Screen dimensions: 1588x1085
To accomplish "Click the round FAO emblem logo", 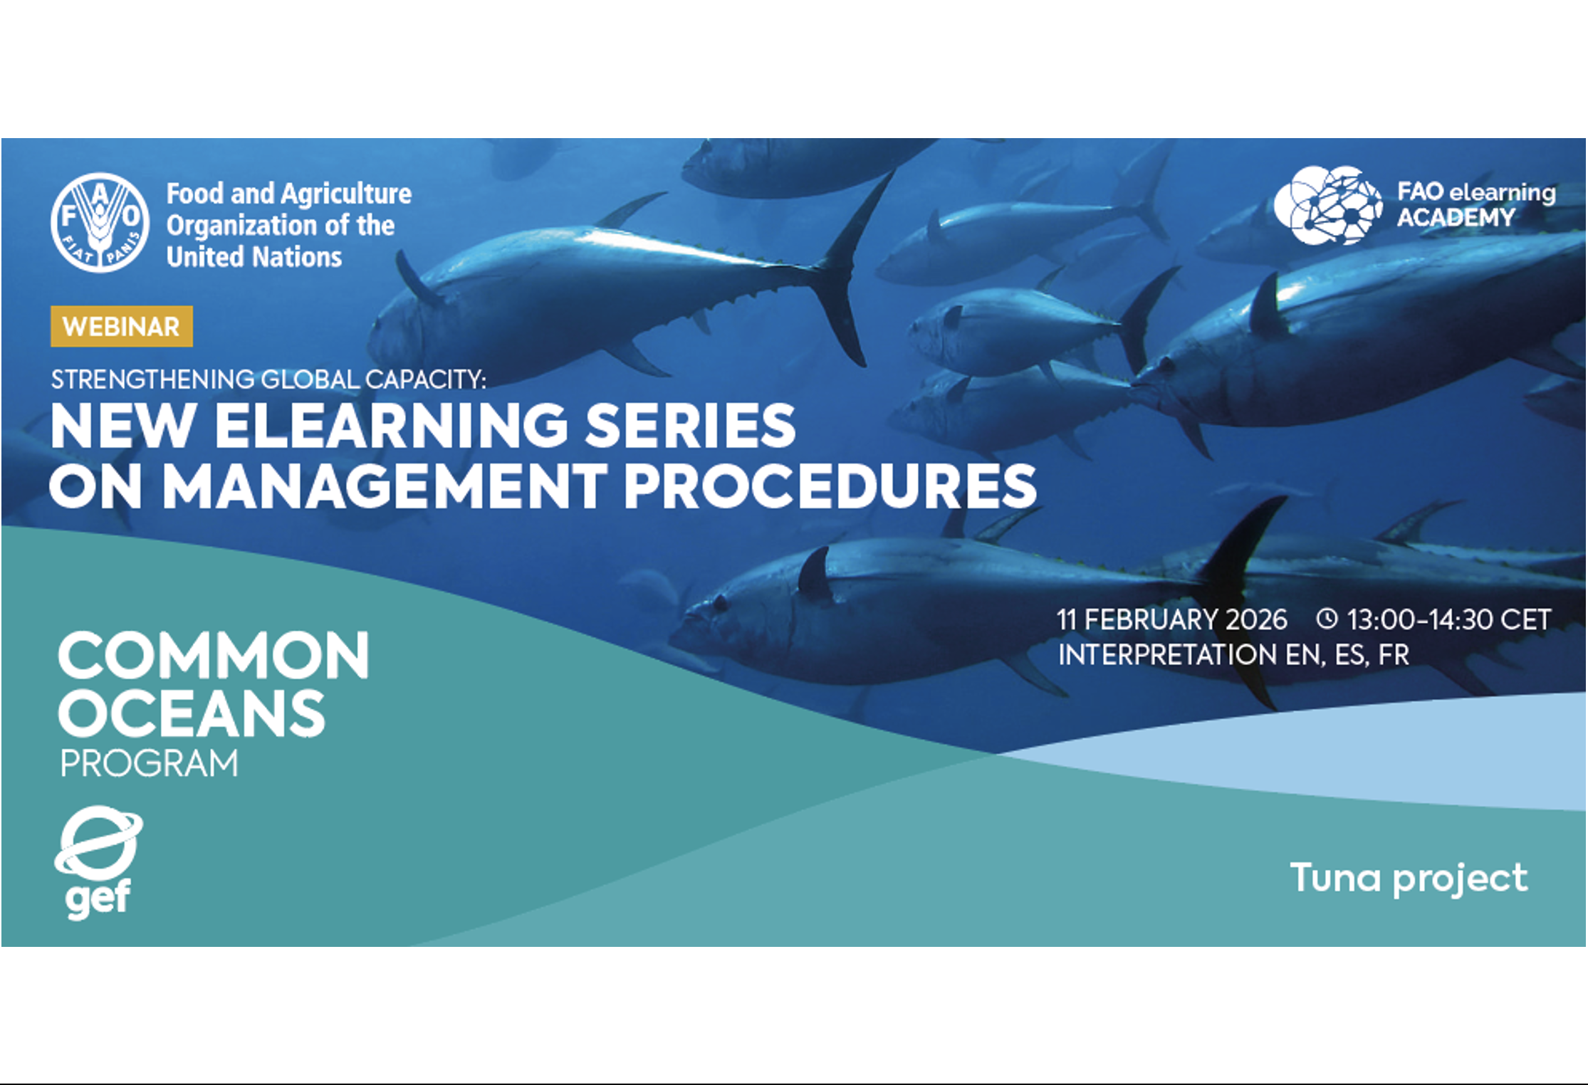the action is pyautogui.click(x=100, y=222).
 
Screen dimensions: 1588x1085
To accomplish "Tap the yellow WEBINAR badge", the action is pyautogui.click(x=122, y=326).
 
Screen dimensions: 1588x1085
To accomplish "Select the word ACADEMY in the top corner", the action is pyautogui.click(x=1456, y=217).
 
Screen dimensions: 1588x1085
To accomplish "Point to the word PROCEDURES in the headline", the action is pyautogui.click(x=830, y=486).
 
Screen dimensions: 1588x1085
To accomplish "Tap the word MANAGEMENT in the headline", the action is pyautogui.click(x=385, y=486).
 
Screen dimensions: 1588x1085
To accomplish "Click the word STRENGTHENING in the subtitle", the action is pyautogui.click(x=152, y=379).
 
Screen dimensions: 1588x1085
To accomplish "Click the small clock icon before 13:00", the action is pyautogui.click(x=1327, y=618).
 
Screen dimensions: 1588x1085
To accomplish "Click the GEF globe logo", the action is pyautogui.click(x=98, y=861).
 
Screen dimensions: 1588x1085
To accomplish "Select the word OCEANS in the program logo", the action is pyautogui.click(x=192, y=713).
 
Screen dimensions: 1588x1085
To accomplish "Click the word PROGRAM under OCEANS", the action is pyautogui.click(x=149, y=764).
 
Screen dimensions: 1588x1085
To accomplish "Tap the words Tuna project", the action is pyautogui.click(x=1409, y=879).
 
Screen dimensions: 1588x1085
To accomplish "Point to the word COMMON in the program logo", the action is pyautogui.click(x=214, y=655).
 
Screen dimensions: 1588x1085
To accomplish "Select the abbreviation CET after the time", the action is pyautogui.click(x=1525, y=619).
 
